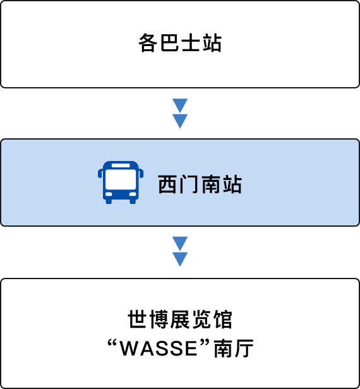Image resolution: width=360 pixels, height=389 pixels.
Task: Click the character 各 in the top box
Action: pos(148,43)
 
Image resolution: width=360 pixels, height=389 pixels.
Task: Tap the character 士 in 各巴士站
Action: pos(191,43)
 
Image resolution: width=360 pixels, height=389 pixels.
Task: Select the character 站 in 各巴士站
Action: pos(212,43)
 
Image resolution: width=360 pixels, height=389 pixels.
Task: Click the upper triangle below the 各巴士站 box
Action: pos(180,105)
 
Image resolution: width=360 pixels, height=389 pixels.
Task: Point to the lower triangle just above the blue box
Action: pos(180,121)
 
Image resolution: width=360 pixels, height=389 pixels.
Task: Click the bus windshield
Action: pos(121,179)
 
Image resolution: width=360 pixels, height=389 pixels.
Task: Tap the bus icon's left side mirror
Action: pos(100,173)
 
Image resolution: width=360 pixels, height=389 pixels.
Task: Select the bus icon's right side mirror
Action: pos(141,173)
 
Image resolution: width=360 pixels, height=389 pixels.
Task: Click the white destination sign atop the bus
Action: pos(121,165)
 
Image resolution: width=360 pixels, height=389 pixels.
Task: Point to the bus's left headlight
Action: pos(109,194)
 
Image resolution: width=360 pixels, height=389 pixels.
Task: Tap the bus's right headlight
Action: pos(133,194)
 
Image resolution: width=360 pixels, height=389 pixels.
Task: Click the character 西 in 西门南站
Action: pos(168,184)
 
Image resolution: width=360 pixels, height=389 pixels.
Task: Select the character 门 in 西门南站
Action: pos(189,184)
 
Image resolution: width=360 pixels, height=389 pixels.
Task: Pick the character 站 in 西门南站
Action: pos(232,184)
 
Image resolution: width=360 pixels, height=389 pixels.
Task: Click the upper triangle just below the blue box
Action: pos(180,244)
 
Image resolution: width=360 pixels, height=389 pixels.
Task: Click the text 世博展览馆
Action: pos(180,320)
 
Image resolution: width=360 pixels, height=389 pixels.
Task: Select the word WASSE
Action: pos(159,349)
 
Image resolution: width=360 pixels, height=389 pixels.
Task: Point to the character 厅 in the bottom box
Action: pos(244,349)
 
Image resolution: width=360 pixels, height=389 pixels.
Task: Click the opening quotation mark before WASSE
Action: pos(112,343)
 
